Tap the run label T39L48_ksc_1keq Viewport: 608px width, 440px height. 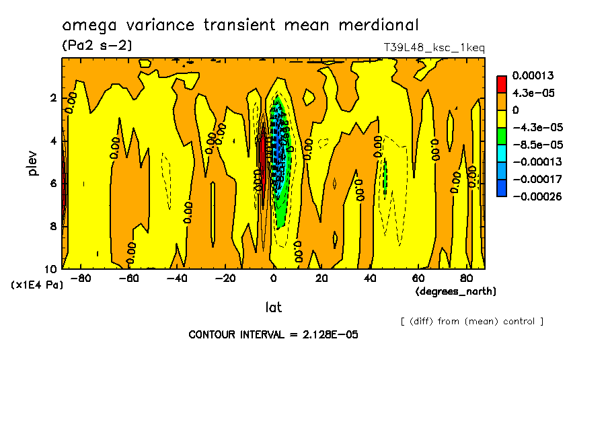(x=434, y=47)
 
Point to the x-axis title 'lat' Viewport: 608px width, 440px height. (x=273, y=307)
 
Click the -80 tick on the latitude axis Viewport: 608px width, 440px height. (x=81, y=278)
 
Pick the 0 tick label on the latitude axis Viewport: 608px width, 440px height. (x=273, y=278)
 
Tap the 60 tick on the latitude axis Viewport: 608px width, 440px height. (x=418, y=278)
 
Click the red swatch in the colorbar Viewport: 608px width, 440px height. (x=501, y=84)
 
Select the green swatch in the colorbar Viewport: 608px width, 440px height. (x=501, y=136)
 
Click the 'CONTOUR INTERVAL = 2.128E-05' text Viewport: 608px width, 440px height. (x=273, y=334)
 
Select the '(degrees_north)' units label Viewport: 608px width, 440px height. (x=456, y=291)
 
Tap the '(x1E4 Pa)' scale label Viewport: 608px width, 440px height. (x=38, y=285)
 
